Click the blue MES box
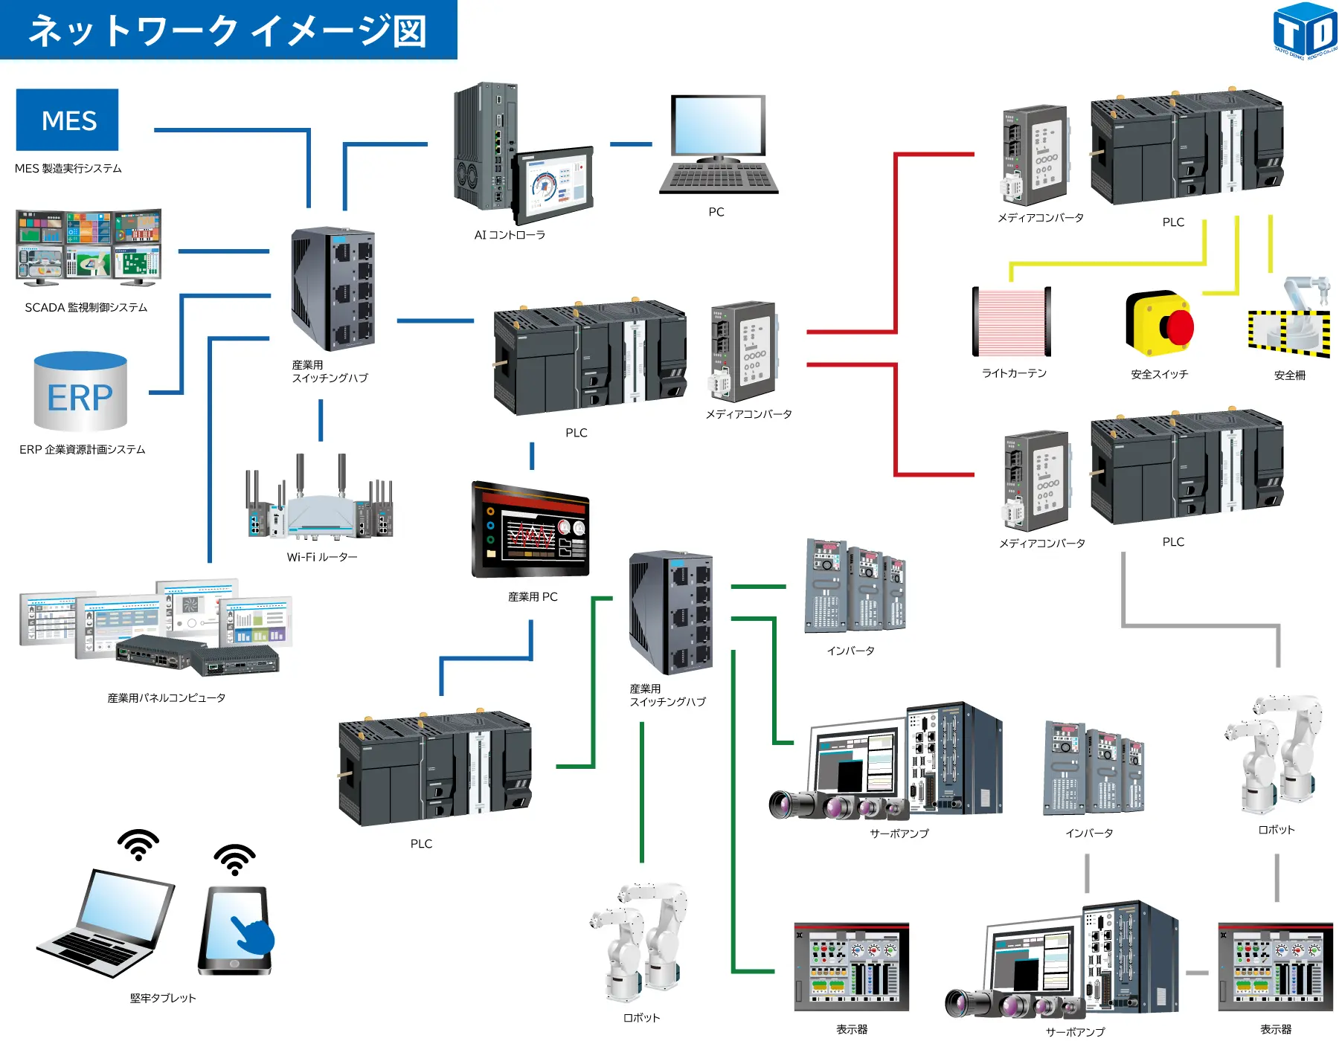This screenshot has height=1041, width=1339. (x=68, y=120)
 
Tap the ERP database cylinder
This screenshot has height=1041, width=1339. (x=80, y=393)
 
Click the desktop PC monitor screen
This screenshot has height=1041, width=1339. (x=718, y=125)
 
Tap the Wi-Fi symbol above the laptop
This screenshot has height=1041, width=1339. (x=138, y=845)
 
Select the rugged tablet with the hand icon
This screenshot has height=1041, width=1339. (x=236, y=929)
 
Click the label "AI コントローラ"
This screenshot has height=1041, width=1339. (x=510, y=235)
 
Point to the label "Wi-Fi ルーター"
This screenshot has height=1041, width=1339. (x=322, y=557)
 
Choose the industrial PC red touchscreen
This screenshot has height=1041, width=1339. (x=531, y=529)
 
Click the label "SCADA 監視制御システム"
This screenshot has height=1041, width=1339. (x=86, y=308)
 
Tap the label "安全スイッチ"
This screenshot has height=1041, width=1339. (x=1159, y=375)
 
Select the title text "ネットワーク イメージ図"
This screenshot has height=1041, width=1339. (x=228, y=30)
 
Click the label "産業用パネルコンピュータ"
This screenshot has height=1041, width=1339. (x=167, y=698)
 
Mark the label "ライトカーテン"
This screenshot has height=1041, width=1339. (x=1014, y=373)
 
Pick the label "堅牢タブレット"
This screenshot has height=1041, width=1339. (x=163, y=998)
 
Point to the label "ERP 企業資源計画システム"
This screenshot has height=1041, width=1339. (x=83, y=450)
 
